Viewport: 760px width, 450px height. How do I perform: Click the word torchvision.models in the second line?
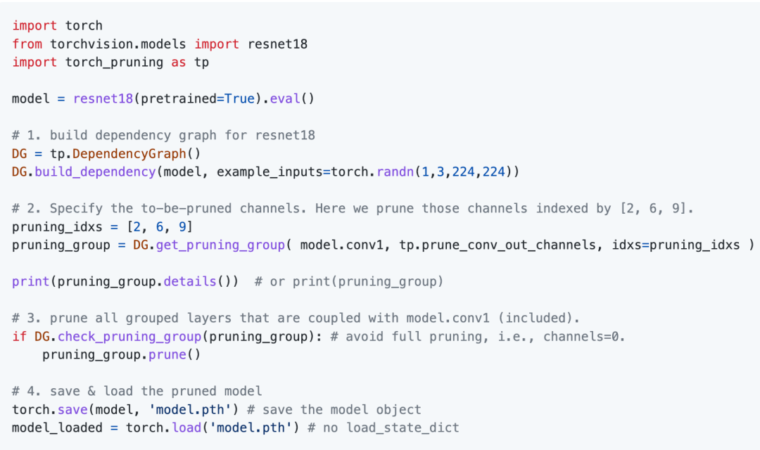[119, 44]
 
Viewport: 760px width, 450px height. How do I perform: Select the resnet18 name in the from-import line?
[277, 44]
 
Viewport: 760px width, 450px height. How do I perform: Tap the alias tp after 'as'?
[202, 62]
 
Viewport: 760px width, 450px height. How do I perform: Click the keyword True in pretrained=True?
[239, 98]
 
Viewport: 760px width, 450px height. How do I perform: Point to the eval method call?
[285, 98]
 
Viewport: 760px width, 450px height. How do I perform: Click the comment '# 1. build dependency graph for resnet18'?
[163, 135]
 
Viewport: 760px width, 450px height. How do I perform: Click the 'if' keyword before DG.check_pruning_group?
[20, 336]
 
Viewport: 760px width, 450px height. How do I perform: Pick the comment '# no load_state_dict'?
[383, 427]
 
